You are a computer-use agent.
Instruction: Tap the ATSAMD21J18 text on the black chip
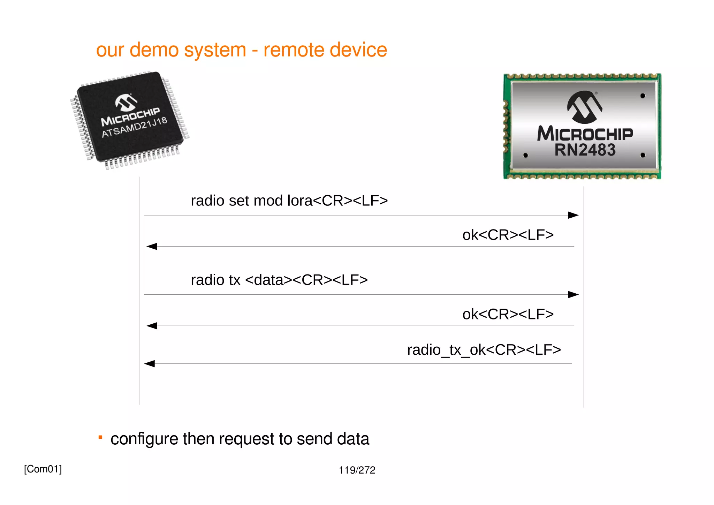point(134,128)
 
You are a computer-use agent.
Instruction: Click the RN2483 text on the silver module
point(585,150)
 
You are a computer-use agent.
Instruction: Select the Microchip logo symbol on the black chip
point(126,102)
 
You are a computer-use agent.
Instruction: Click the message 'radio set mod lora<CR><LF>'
point(289,201)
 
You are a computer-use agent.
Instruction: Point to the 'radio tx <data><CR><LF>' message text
point(279,280)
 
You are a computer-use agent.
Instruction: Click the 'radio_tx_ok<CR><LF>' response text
point(484,350)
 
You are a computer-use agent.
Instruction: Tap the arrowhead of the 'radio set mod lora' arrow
point(573,215)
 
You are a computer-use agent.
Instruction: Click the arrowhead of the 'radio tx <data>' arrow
point(573,295)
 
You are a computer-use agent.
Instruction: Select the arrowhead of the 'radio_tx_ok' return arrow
point(150,364)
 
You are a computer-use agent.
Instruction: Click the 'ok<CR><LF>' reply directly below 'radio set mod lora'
point(508,235)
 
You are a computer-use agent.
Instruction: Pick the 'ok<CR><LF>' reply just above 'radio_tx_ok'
point(508,314)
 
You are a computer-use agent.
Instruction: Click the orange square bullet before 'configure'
point(100,437)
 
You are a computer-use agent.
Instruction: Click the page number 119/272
point(357,470)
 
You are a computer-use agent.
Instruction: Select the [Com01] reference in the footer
point(43,469)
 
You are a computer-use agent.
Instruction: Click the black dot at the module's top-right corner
point(643,96)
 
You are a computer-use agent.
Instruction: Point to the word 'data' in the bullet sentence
point(353,439)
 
